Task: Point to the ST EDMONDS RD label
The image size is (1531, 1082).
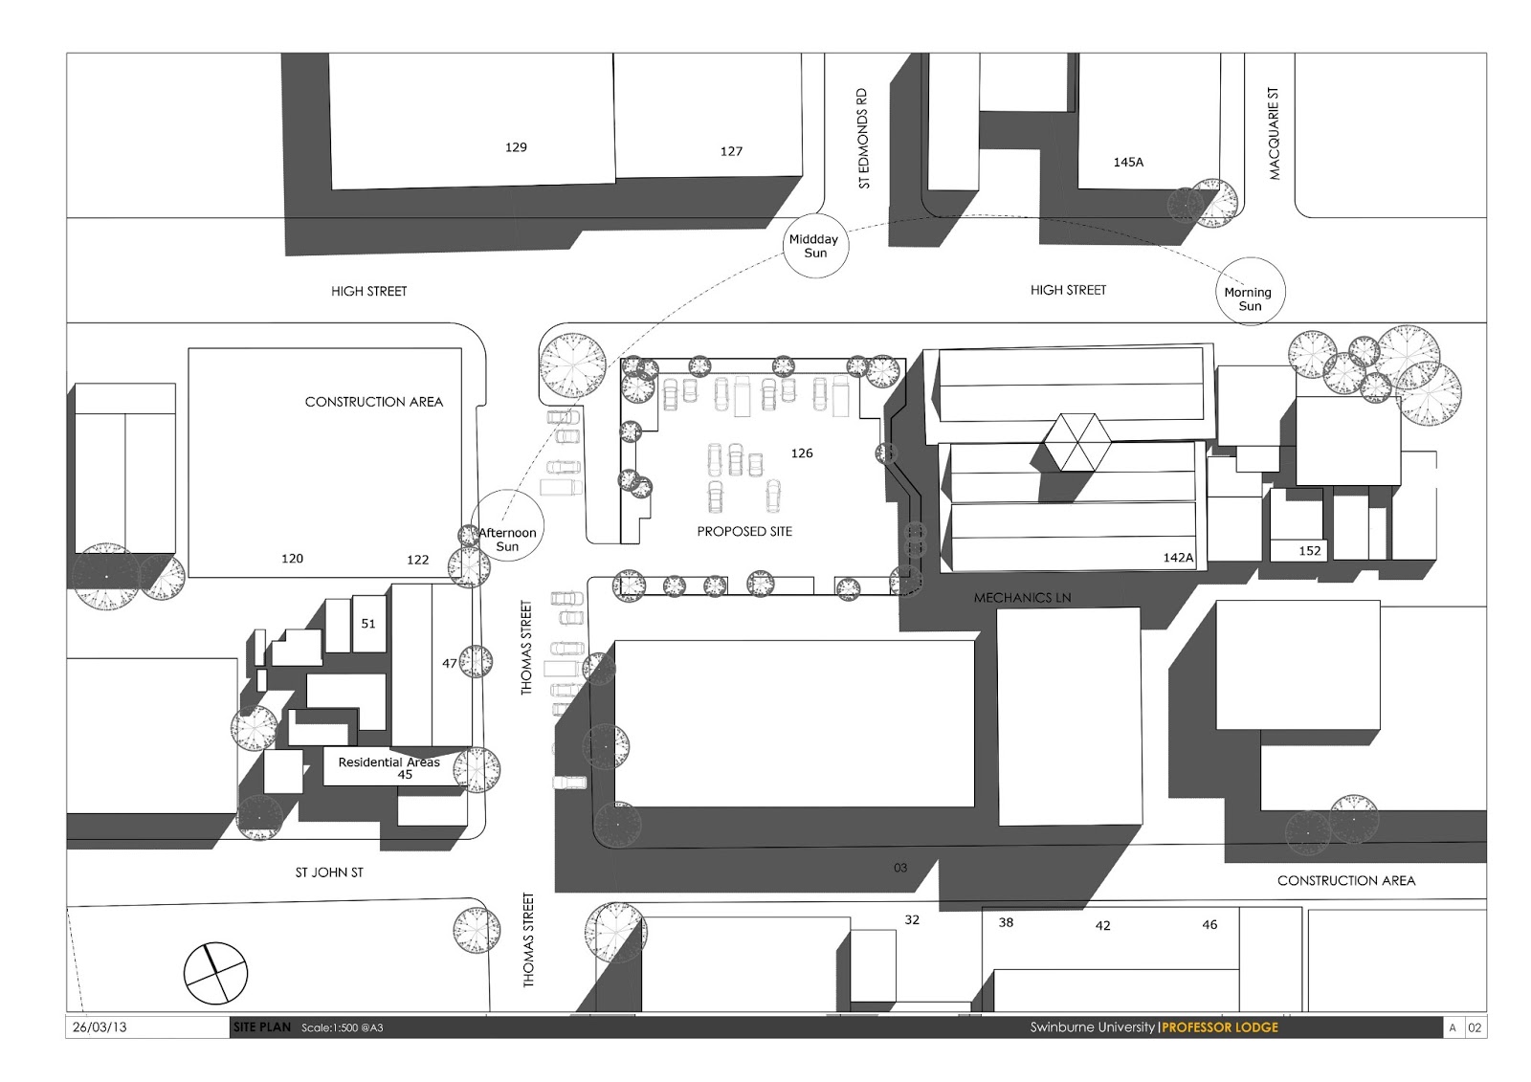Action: coord(863,138)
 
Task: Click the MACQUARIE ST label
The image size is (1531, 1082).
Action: coord(1274,133)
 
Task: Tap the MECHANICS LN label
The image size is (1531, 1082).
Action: coord(1022,597)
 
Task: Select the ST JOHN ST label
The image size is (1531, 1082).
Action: coord(329,872)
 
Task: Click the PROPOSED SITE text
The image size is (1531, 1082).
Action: coord(744,531)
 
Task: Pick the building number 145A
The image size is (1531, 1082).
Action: coord(1128,162)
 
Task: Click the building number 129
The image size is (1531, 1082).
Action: coord(516,147)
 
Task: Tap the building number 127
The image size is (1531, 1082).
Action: coord(731,151)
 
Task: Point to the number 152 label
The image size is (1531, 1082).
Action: coord(1310,551)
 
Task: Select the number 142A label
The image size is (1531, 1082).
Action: coord(1178,558)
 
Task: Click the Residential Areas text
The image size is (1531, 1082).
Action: coord(388,762)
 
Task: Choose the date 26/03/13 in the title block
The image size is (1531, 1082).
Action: coord(100,1027)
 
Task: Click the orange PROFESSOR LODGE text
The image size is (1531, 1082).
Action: coord(1220,1027)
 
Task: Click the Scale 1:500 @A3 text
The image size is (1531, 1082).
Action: coord(342,1028)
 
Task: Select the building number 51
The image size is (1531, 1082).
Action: coord(368,624)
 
